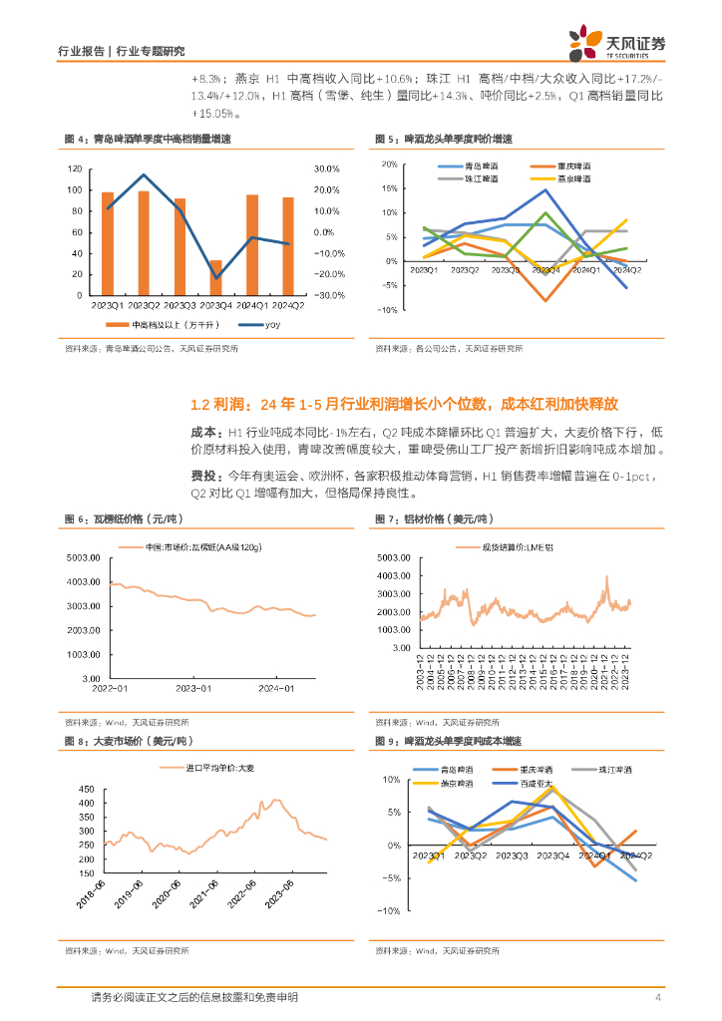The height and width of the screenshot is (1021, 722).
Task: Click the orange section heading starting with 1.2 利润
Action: tap(405, 405)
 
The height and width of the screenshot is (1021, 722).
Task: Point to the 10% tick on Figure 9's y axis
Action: tap(394, 780)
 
